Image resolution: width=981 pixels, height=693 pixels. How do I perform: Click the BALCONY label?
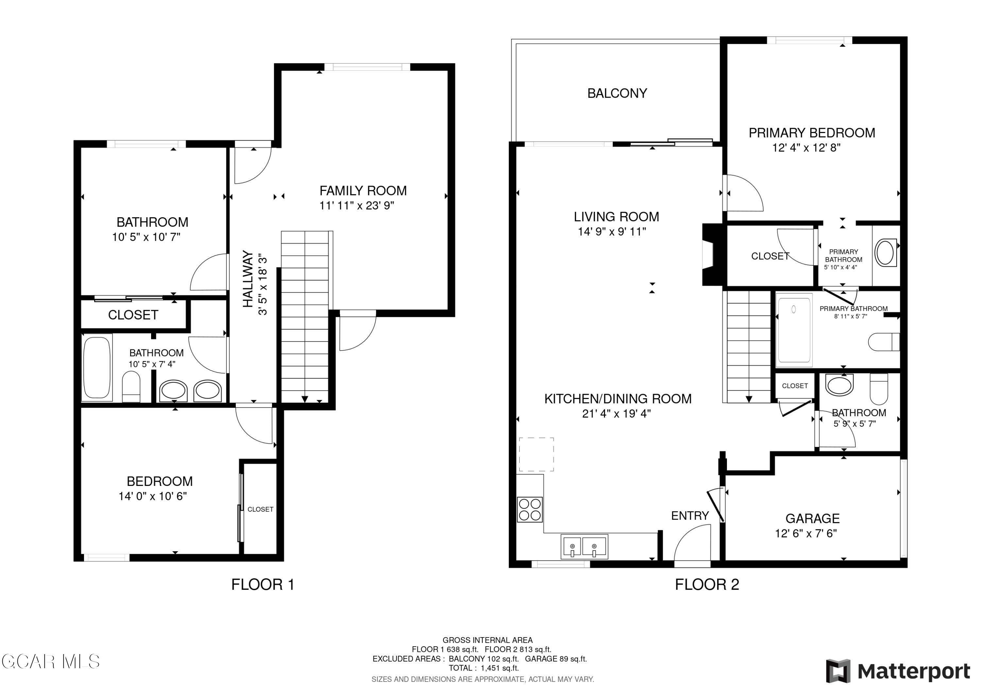[617, 93]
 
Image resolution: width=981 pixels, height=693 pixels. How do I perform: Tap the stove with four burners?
[530, 509]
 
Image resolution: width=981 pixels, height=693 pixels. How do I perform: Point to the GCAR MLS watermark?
[50, 661]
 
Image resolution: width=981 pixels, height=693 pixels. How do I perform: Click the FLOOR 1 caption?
[263, 585]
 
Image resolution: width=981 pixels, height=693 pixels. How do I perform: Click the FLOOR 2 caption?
[707, 585]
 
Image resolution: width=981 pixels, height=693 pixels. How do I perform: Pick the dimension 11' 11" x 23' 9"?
[357, 206]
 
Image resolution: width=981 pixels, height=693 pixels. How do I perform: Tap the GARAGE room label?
[813, 519]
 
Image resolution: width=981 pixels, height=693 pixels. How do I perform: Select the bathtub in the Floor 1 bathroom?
[97, 368]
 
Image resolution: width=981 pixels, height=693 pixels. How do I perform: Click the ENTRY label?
[690, 516]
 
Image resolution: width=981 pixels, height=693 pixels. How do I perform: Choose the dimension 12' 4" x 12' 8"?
[806, 148]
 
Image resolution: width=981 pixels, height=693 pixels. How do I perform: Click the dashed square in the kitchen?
[537, 454]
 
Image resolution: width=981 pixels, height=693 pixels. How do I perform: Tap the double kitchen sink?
[584, 547]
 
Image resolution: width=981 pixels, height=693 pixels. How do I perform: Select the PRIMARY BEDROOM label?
[812, 133]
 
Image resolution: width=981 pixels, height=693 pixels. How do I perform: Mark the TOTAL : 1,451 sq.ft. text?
[484, 668]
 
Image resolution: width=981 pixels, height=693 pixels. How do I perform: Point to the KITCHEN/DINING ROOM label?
[618, 399]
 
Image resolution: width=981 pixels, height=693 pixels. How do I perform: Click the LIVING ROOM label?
[616, 217]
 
